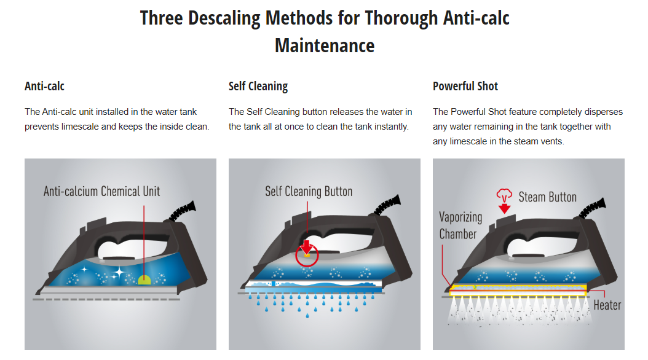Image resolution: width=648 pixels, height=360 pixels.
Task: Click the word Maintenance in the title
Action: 325,46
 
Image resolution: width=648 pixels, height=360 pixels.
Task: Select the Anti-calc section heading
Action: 45,86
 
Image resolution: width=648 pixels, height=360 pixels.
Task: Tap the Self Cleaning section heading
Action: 258,86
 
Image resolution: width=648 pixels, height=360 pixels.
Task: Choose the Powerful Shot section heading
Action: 465,86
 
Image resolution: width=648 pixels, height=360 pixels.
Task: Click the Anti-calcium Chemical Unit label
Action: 101,191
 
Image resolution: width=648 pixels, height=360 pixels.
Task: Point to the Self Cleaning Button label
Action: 309,192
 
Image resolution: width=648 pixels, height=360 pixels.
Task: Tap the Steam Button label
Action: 548,197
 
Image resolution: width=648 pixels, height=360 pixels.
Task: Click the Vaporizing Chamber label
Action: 460,225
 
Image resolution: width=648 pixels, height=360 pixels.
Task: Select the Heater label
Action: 607,305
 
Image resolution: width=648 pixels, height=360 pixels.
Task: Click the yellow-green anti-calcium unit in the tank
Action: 144,280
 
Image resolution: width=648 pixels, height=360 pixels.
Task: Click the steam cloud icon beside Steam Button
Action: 504,195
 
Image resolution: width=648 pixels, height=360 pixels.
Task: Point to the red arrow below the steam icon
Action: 504,208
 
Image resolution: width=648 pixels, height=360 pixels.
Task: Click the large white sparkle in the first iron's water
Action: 119,272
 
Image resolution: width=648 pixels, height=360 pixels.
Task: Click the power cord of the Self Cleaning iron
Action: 388,205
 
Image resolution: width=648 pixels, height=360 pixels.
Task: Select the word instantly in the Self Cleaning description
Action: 392,127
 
